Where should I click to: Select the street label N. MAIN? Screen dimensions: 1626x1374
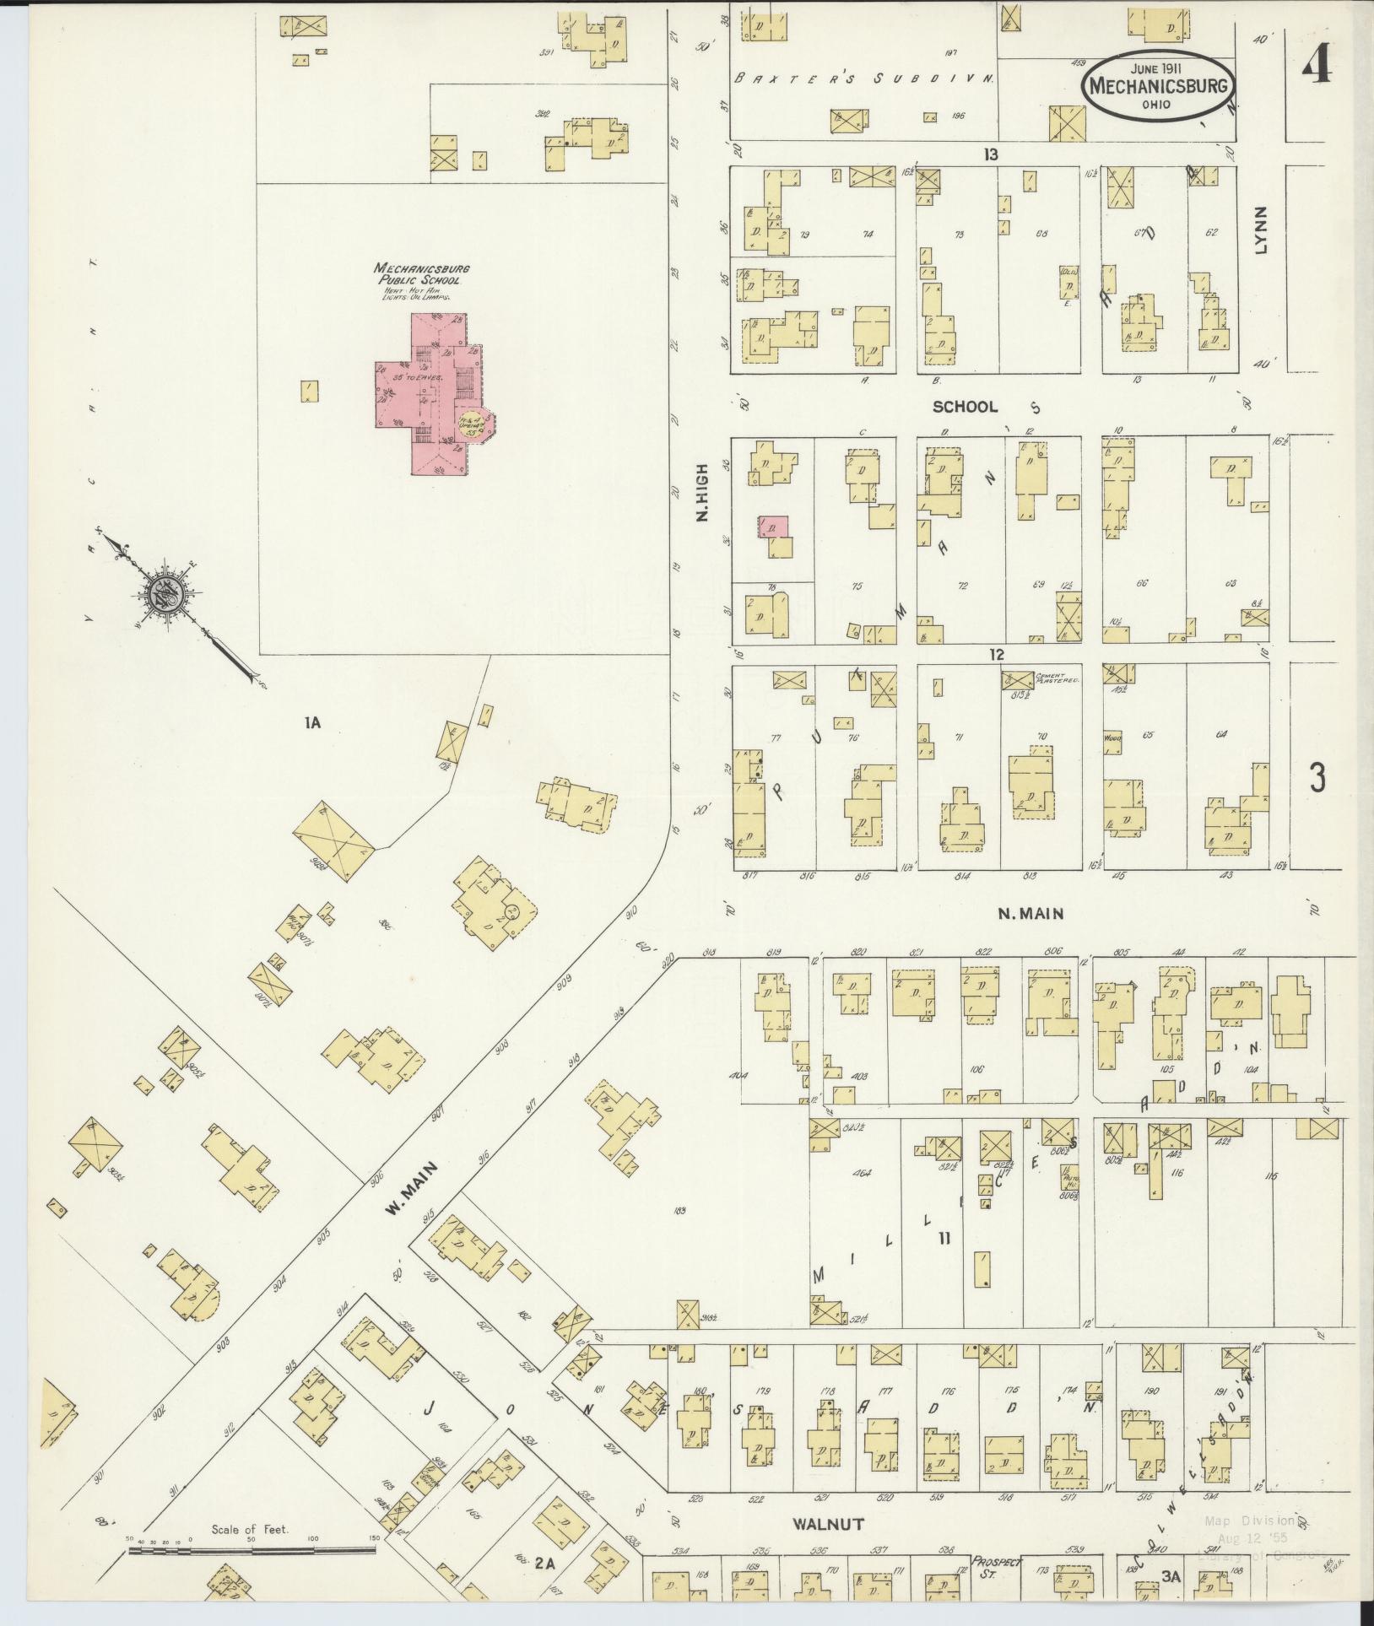click(1030, 913)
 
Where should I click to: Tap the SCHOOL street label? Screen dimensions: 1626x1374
click(964, 407)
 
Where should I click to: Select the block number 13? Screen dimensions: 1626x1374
click(990, 154)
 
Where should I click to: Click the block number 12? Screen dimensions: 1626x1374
click(998, 654)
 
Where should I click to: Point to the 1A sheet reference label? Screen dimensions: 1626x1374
click(317, 722)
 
